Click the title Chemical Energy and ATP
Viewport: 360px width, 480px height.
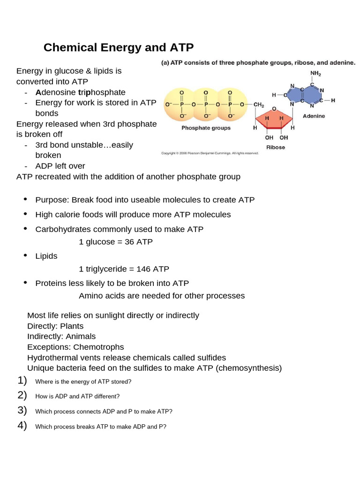coord(118,47)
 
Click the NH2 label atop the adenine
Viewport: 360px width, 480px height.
coord(315,74)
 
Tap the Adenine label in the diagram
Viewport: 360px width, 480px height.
coord(314,116)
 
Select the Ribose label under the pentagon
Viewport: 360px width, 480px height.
coord(275,147)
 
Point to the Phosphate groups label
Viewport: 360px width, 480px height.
coord(206,128)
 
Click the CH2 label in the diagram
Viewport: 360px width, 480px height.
coord(259,105)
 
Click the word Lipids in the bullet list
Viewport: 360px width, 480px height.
coord(46,256)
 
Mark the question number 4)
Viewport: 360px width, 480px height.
coord(22,426)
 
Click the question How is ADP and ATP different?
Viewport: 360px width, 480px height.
coord(77,396)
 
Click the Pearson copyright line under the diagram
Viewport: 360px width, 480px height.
coord(210,153)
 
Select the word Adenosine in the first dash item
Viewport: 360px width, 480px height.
coord(56,92)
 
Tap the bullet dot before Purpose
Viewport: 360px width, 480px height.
coord(25,200)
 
